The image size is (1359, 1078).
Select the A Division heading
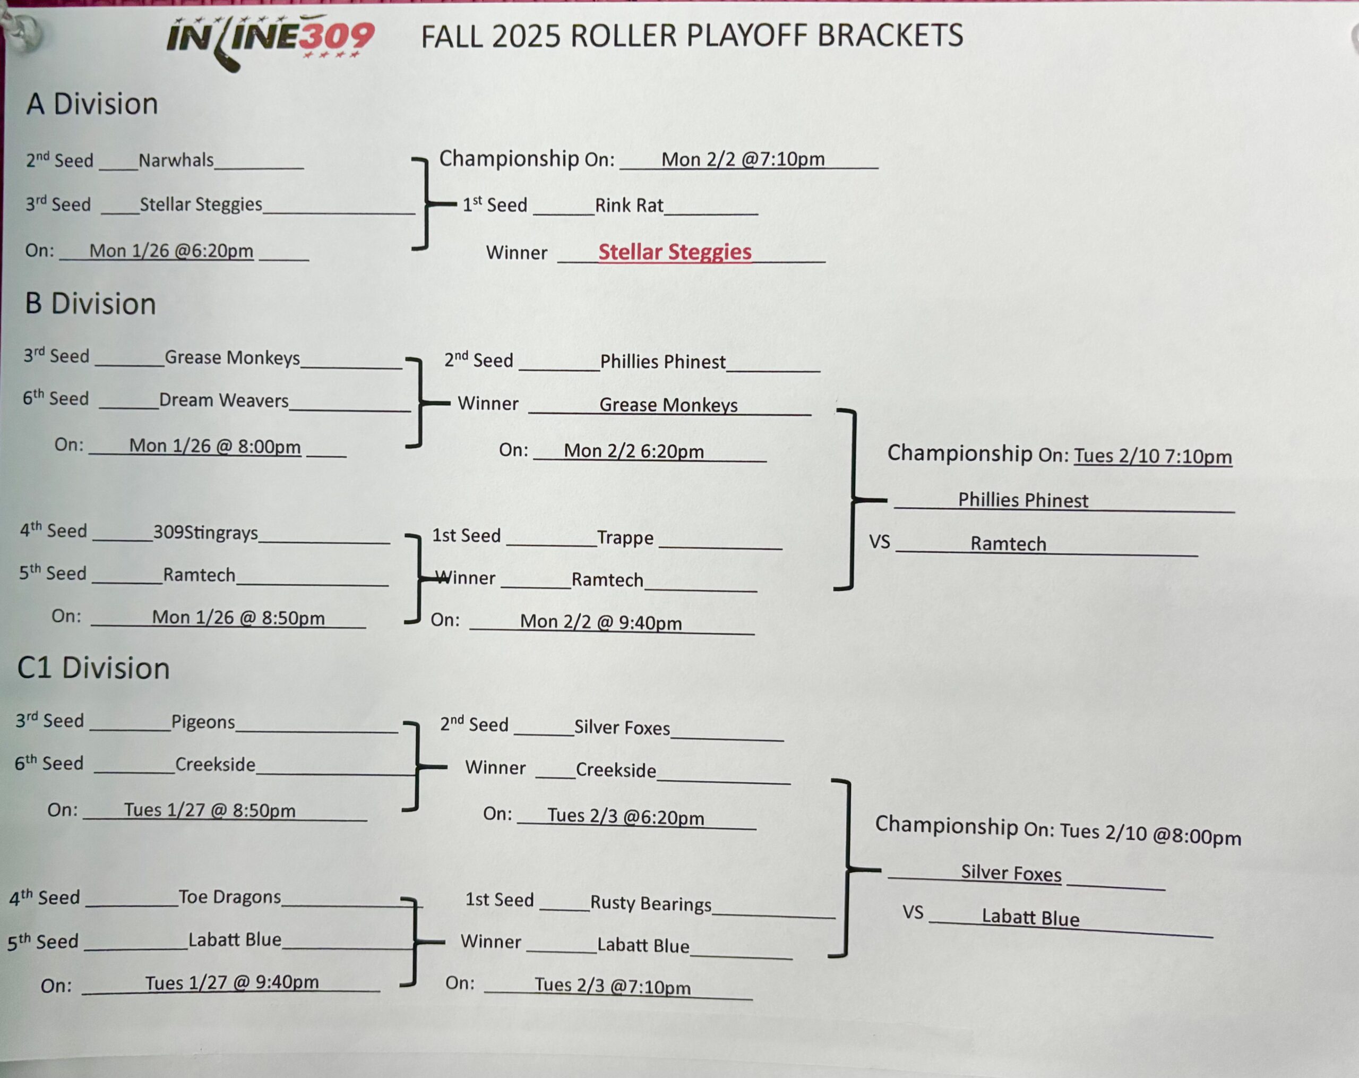point(92,104)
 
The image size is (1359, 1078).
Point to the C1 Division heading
point(93,668)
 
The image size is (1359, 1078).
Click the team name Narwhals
point(176,160)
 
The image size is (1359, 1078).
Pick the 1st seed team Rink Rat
point(629,206)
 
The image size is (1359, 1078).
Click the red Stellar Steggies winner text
point(675,252)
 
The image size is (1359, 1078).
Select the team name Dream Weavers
point(224,400)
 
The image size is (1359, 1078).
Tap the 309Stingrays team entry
point(205,533)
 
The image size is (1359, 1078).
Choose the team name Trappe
point(625,538)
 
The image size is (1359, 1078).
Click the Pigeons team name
point(203,722)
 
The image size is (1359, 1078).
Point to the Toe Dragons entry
point(229,896)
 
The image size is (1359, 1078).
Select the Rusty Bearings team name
point(650,903)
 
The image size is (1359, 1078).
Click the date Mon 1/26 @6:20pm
point(171,251)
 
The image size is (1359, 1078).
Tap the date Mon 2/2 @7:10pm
point(743,159)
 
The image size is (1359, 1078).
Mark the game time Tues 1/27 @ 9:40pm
point(232,982)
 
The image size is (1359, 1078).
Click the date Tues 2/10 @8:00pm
point(1150,834)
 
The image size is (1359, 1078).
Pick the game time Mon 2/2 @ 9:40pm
point(601,622)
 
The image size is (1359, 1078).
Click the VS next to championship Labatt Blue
point(913,912)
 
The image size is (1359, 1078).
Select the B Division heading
point(90,304)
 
